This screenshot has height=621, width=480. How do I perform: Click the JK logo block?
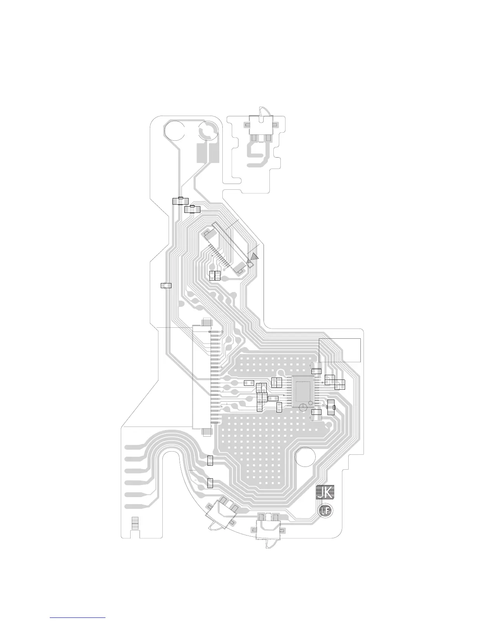pos(325,492)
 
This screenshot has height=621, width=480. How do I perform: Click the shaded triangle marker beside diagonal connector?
pos(255,256)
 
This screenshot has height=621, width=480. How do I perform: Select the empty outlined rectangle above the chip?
pos(340,350)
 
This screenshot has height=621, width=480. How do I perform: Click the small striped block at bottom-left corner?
pos(135,523)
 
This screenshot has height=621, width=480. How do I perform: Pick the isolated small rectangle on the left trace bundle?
pos(166,285)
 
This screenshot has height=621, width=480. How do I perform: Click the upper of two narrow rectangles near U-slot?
pos(210,461)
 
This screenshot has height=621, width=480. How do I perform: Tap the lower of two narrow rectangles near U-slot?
pos(210,483)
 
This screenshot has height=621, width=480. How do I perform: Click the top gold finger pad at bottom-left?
pos(133,447)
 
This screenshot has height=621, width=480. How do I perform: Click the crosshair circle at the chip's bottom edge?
pos(303,408)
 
